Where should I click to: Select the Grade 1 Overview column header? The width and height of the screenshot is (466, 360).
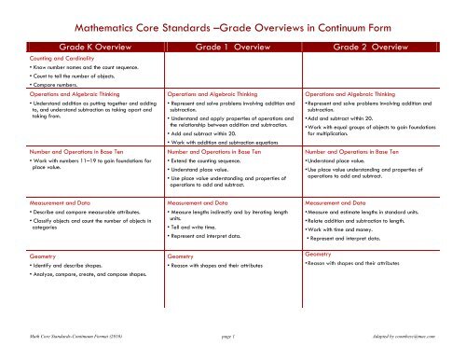point(233,45)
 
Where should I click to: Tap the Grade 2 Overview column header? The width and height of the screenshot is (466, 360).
point(384,45)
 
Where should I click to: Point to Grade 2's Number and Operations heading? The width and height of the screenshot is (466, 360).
point(369,149)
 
